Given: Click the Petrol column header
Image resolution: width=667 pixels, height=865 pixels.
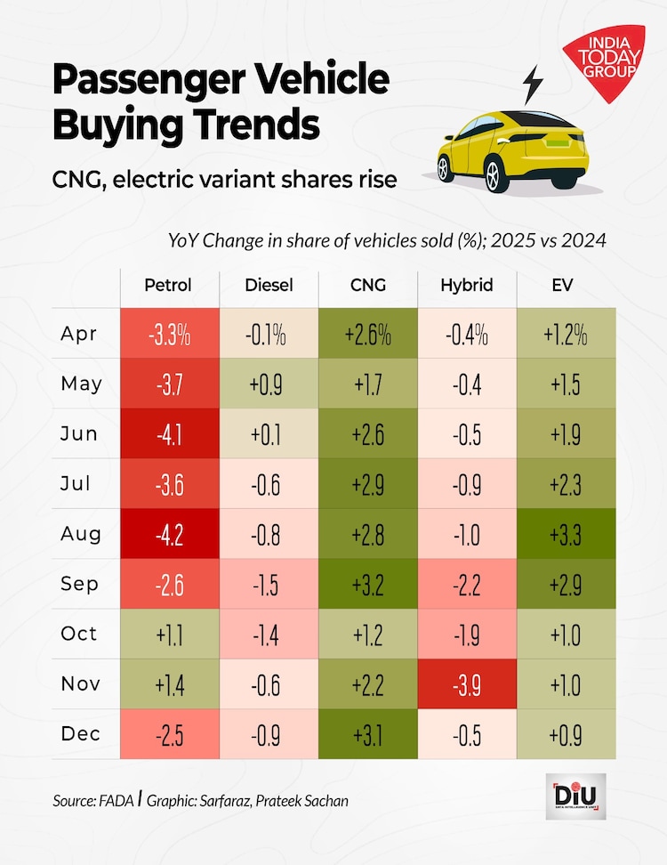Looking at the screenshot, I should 169,285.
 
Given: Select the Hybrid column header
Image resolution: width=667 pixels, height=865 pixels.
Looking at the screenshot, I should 466,285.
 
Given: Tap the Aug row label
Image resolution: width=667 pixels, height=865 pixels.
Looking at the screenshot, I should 81,534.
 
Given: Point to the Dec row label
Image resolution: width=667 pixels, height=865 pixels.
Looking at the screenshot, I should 81,733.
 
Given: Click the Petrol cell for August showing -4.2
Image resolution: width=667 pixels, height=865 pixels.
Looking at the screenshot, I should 169,534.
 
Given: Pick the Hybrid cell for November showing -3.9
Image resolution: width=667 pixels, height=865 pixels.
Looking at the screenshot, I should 466,683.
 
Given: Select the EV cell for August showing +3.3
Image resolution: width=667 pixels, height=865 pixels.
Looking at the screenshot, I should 566,534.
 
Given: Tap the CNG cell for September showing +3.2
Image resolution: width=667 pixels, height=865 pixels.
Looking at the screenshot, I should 367,584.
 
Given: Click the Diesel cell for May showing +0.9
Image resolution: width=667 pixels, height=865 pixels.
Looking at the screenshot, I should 268,384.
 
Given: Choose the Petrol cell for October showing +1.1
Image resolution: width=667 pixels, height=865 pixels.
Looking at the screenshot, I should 169,634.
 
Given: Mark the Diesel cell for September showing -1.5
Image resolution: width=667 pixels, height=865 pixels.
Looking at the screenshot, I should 268,584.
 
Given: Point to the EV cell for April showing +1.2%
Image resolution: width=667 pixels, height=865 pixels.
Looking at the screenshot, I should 566,335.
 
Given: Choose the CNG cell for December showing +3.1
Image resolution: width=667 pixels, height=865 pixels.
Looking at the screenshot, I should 367,733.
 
